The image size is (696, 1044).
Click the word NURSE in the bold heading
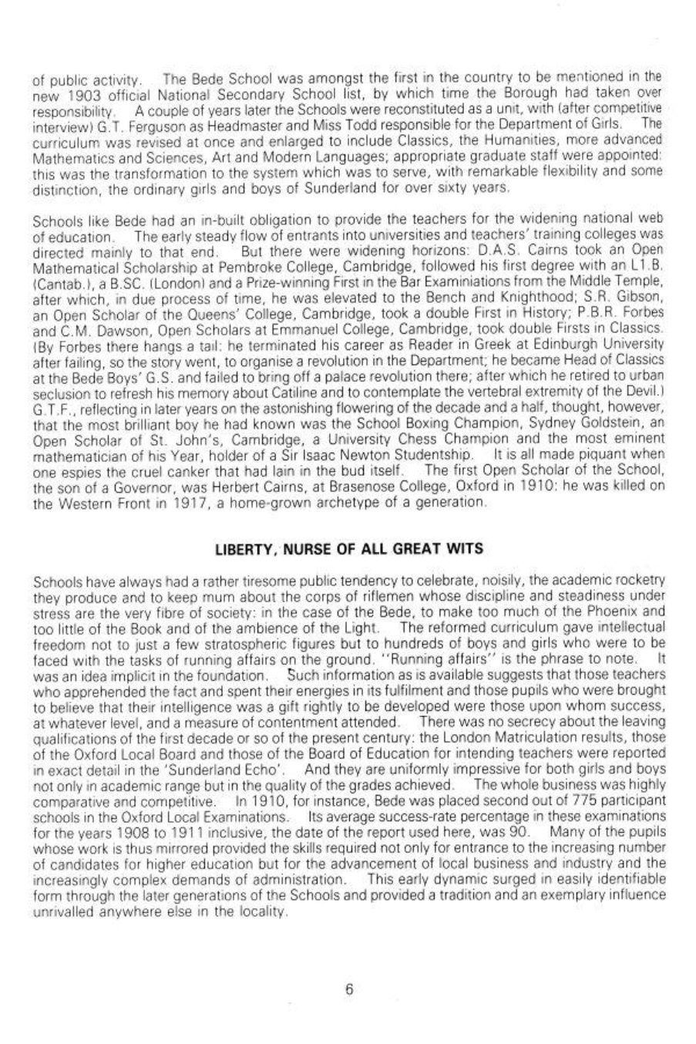coord(292,506)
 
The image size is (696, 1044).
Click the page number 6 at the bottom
coord(348,990)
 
